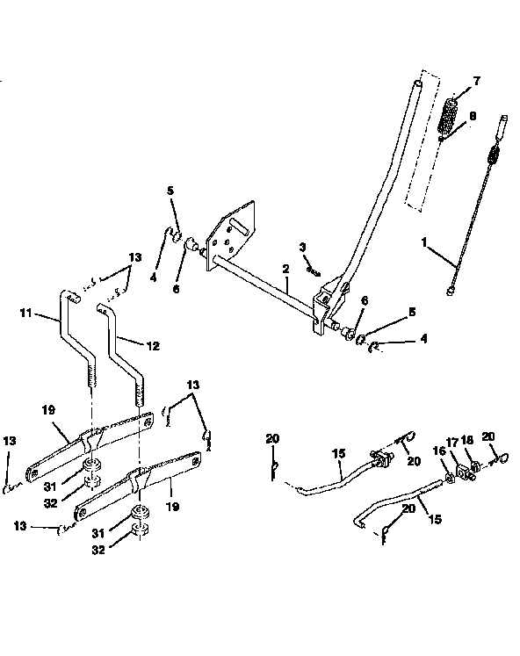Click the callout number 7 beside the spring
point(476,82)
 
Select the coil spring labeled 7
point(451,115)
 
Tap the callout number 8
point(473,114)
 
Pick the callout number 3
point(301,247)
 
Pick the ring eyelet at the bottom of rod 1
point(451,285)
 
